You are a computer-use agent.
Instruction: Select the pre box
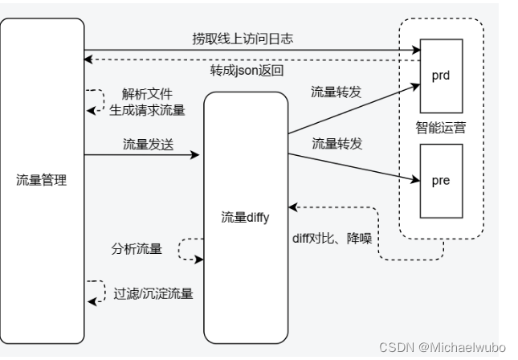pos(441,180)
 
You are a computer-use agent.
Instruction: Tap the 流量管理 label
pos(41,180)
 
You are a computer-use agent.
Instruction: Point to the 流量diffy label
pos(246,217)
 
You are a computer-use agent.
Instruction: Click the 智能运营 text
pos(440,126)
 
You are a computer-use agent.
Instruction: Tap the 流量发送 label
pos(149,145)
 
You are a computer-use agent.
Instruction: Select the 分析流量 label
pos(137,249)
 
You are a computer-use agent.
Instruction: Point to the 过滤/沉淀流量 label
pos(154,293)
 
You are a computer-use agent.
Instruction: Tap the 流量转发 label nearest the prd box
pos(336,93)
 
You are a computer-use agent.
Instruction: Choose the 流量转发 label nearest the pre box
pos(337,145)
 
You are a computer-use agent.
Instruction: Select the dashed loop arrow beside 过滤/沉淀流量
pos(98,292)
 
